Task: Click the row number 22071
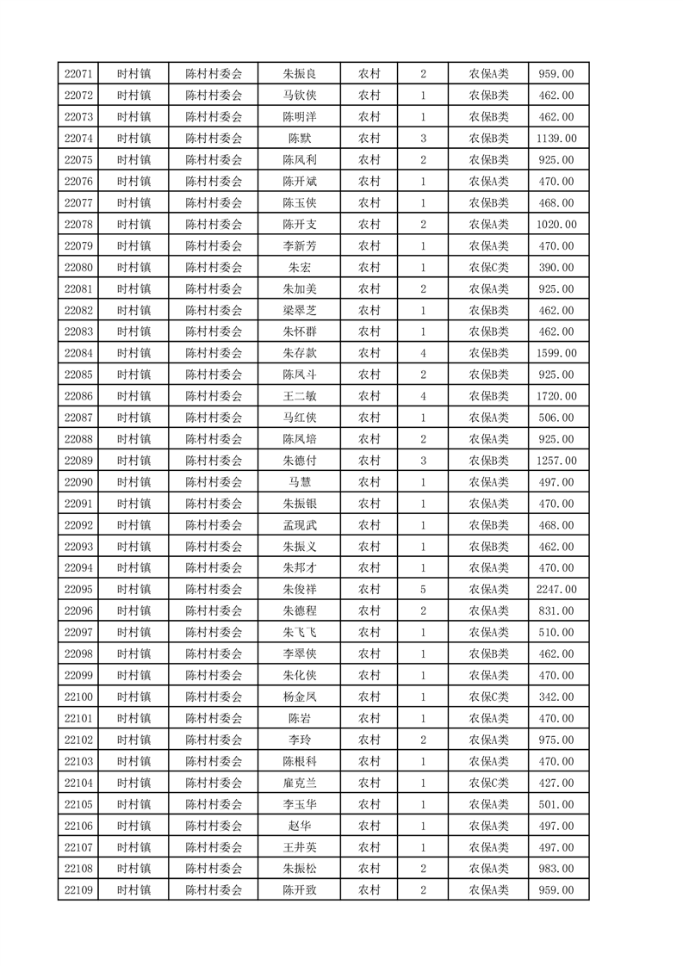coord(78,74)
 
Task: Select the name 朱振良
coord(300,74)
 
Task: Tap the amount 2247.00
coord(556,590)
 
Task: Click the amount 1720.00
coord(556,396)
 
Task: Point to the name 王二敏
coord(300,396)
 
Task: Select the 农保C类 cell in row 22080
coord(488,268)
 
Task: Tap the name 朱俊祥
coord(300,590)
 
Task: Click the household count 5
coord(423,590)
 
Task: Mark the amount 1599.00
coord(556,353)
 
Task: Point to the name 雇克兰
coord(300,783)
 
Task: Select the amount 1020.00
coord(556,225)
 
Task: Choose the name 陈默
coord(300,139)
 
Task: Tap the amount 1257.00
coord(556,461)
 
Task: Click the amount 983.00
coord(556,869)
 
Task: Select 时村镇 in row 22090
coord(133,482)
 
